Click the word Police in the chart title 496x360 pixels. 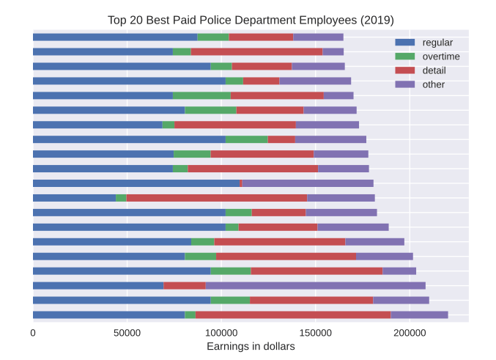214,20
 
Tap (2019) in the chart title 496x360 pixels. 377,21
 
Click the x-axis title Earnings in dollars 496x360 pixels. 251,346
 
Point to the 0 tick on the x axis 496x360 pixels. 33,333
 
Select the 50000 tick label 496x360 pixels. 127,333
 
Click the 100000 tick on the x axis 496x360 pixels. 221,333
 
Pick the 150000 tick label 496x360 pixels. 315,333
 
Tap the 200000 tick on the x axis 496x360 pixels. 410,333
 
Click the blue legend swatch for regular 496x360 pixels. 405,42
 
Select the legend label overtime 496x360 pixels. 441,56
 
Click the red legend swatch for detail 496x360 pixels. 405,70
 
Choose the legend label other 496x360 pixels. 434,84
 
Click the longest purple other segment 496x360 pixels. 315,286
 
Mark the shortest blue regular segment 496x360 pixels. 74,198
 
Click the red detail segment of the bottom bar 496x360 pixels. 293,315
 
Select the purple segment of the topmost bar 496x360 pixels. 318,37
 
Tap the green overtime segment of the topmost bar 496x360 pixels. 213,37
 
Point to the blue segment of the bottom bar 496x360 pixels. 109,315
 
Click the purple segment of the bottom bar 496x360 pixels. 419,315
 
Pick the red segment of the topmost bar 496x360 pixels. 261,37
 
